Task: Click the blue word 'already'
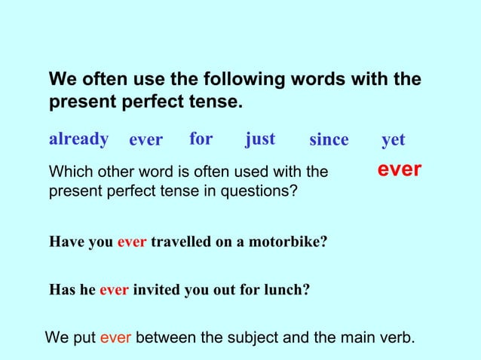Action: coord(78,139)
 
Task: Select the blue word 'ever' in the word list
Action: coord(146,140)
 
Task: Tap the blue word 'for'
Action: coord(201,139)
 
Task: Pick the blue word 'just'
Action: coord(260,139)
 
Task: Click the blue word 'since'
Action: coord(329,140)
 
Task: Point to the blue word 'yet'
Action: coord(394,140)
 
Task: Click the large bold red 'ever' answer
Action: coord(399,170)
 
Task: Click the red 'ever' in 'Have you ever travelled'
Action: coord(133,243)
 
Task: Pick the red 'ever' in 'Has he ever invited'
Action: coord(115,287)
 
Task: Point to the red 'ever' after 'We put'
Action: coord(116,337)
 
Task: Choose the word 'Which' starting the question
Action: coord(68,172)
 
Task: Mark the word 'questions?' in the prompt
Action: coord(259,191)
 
